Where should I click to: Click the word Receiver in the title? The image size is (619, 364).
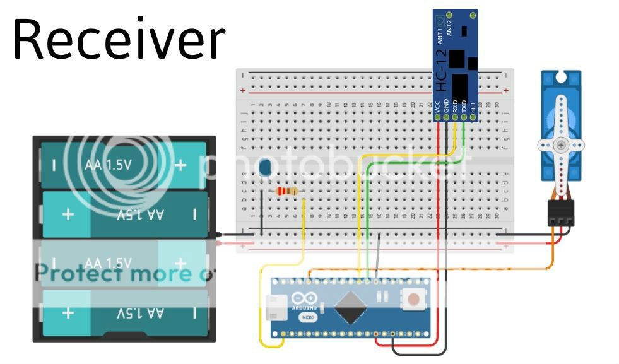[119, 39]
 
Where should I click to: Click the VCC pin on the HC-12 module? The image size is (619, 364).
[437, 117]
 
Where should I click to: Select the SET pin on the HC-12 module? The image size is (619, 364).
[473, 117]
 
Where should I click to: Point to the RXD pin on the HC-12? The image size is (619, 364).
[455, 117]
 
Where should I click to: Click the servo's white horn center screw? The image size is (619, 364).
[561, 145]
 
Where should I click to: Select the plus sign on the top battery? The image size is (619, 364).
[180, 165]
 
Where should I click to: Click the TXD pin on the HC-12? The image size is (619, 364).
[464, 117]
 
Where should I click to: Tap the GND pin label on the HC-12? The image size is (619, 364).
[446, 106]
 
